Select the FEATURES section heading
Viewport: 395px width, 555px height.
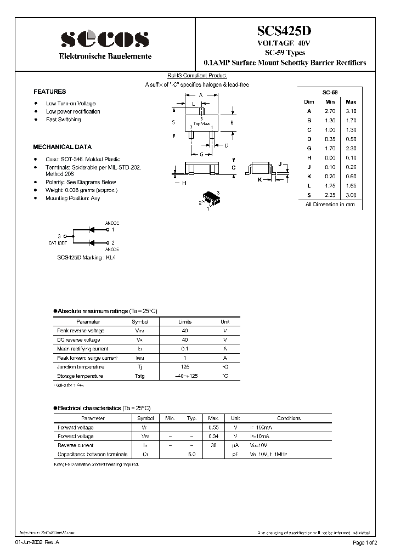click(x=49, y=92)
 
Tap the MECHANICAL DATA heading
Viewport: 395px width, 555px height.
click(x=63, y=147)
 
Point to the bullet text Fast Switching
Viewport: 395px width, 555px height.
click(x=63, y=120)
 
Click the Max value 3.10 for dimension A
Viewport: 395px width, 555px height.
click(x=351, y=111)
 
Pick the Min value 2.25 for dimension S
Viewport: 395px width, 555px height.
click(x=330, y=195)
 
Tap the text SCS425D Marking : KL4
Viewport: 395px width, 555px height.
click(x=87, y=257)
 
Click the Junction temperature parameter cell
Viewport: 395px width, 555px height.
click(x=80, y=367)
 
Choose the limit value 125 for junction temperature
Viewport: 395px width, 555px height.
click(x=185, y=367)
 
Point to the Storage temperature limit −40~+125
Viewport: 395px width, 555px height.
click(x=185, y=376)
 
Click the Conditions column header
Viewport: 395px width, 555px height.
click(x=289, y=418)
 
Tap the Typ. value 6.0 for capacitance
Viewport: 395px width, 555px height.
click(x=191, y=454)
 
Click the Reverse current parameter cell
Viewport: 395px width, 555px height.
click(x=75, y=445)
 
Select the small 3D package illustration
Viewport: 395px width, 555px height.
click(x=211, y=199)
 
